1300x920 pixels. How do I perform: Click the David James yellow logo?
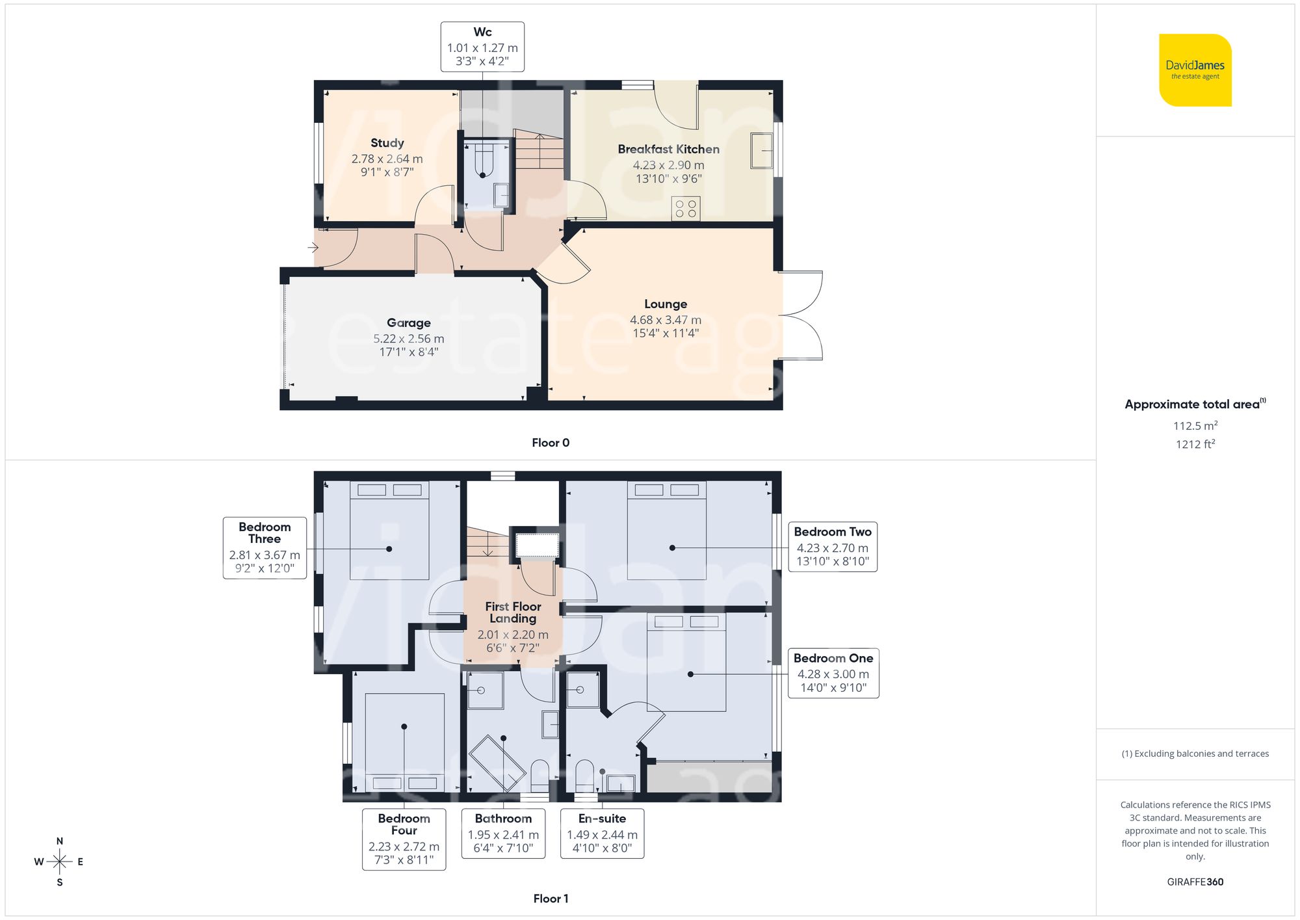1195,70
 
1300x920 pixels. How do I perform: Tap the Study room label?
387,143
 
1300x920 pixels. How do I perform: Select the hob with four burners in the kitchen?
686,209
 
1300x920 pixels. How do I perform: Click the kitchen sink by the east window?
762,150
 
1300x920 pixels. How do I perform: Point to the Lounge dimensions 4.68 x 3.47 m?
666,320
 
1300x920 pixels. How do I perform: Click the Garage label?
408,322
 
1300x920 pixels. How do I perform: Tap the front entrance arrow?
313,248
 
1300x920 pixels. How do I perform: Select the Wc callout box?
482,47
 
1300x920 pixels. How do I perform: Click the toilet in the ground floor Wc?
482,159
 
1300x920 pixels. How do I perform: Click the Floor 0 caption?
551,443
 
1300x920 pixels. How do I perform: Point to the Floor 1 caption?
551,899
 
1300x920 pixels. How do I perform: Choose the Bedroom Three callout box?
265,547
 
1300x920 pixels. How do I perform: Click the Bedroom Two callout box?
833,547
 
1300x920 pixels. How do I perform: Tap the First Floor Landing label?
513,612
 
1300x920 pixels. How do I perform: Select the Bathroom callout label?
503,819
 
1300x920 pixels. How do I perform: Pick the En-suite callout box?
602,834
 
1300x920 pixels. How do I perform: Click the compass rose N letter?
60,841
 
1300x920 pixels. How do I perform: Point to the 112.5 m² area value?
1195,426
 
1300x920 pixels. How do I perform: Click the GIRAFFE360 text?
1195,882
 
